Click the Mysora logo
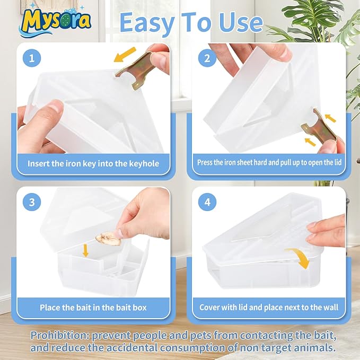(56, 21)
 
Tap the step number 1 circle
(32, 58)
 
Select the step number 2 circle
(207, 58)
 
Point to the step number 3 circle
(32, 202)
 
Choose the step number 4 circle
(207, 202)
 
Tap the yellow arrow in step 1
(125, 55)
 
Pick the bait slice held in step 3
(108, 239)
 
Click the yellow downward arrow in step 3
(86, 250)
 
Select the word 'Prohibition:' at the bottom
(60, 336)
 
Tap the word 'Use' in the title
(241, 23)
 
